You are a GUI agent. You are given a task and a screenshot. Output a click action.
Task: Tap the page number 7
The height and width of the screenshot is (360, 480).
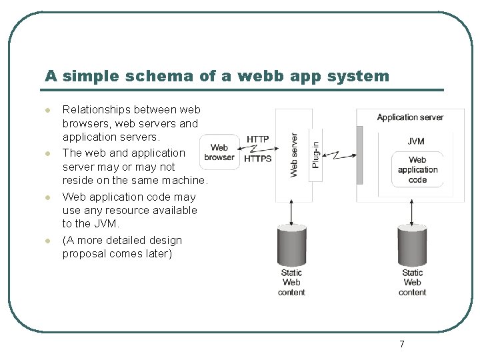tap(401, 344)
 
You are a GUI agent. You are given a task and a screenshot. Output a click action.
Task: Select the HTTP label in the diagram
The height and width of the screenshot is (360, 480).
tap(257, 139)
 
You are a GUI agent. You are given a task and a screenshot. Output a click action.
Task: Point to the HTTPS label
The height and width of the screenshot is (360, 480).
tap(257, 159)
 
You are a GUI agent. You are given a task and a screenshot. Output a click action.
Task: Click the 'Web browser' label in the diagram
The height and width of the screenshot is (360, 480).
tap(219, 153)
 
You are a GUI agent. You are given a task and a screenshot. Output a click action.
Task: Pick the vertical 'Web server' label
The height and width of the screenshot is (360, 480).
tap(294, 155)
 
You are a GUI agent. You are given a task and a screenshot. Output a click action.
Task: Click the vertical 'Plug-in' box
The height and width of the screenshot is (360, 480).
tap(316, 155)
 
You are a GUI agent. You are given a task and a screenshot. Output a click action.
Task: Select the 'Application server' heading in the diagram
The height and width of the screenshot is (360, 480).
tap(410, 117)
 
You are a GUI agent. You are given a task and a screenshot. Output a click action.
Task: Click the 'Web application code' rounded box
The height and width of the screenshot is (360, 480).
tap(417, 169)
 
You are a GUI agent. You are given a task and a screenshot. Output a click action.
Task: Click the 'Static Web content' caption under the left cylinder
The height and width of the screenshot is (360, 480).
tap(291, 282)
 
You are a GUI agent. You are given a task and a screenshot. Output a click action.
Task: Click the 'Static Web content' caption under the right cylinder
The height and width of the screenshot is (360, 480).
tap(412, 282)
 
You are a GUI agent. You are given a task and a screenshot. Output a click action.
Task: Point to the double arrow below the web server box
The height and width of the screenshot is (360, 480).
tap(291, 213)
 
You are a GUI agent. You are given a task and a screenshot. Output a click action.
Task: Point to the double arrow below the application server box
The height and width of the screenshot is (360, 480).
tap(412, 213)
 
